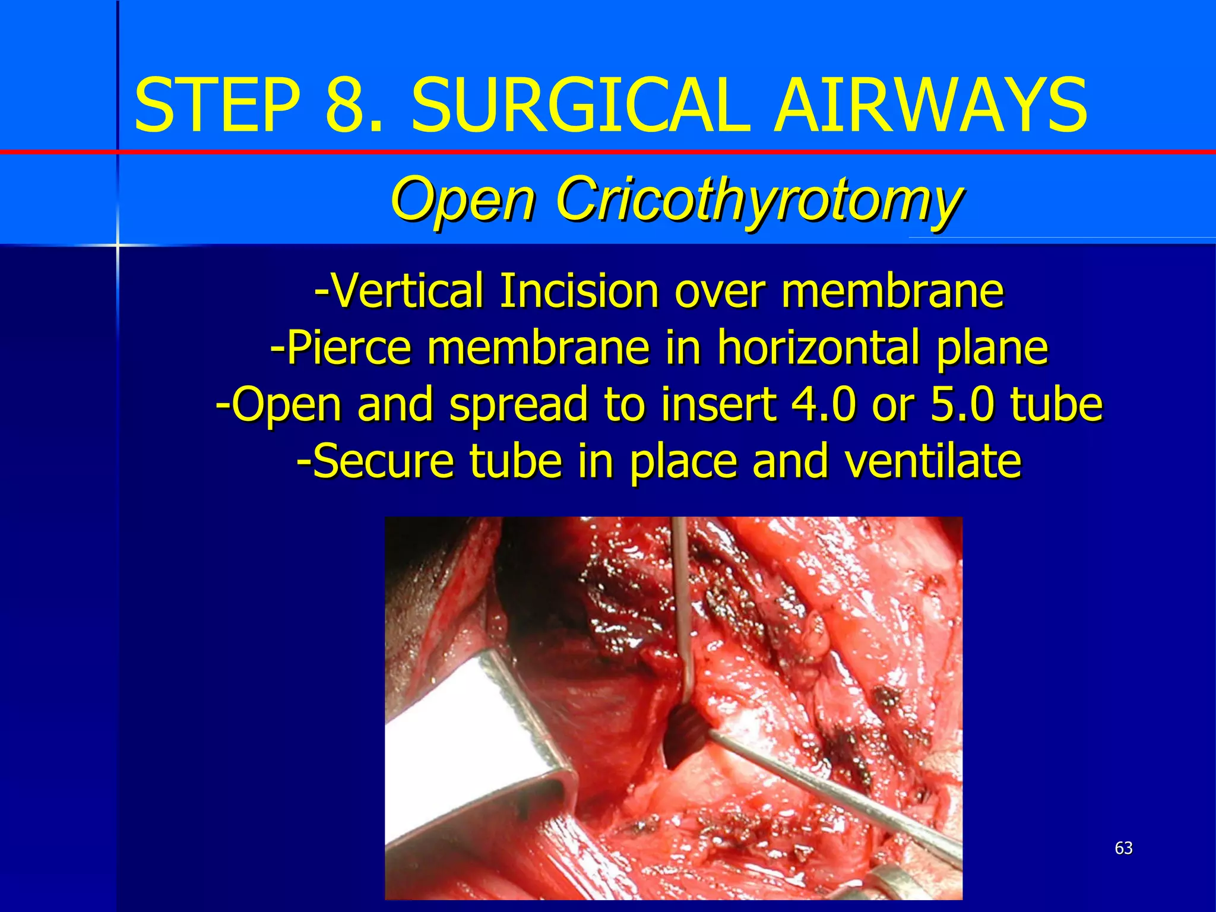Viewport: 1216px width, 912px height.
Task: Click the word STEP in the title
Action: coord(217,106)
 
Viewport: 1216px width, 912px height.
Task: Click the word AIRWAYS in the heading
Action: coord(930,106)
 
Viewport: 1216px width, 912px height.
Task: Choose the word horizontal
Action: coord(819,347)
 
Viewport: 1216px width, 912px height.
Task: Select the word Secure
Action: coord(383,461)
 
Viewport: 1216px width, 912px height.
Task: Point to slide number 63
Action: coord(1123,848)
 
